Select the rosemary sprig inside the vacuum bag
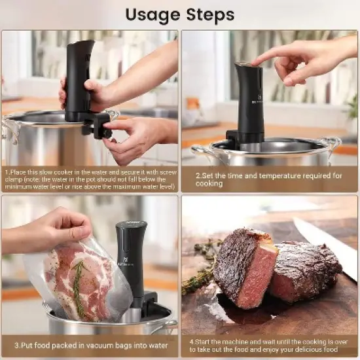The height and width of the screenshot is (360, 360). tap(77, 288)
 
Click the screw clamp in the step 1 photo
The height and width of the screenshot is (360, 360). tap(99, 124)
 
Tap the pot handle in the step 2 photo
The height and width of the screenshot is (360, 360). tap(330, 145)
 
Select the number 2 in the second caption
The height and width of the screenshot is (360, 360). tap(198, 175)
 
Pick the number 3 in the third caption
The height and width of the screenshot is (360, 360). tap(15, 345)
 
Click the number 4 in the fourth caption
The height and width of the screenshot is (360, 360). tap(191, 340)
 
